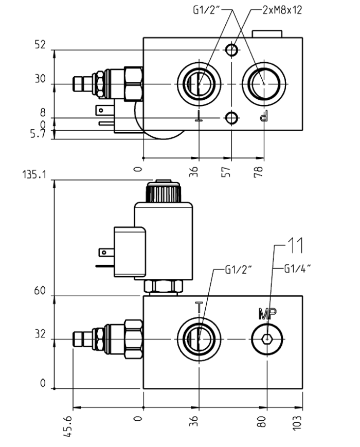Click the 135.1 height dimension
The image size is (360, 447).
[x=33, y=174]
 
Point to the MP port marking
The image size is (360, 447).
[x=267, y=312]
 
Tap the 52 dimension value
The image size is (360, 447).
[x=39, y=46]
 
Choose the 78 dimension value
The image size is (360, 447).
[x=263, y=170]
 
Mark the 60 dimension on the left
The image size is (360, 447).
[x=39, y=291]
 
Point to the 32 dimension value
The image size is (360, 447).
[x=39, y=334]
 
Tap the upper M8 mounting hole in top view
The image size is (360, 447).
[x=232, y=50]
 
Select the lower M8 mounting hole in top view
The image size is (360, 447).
[x=232, y=118]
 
